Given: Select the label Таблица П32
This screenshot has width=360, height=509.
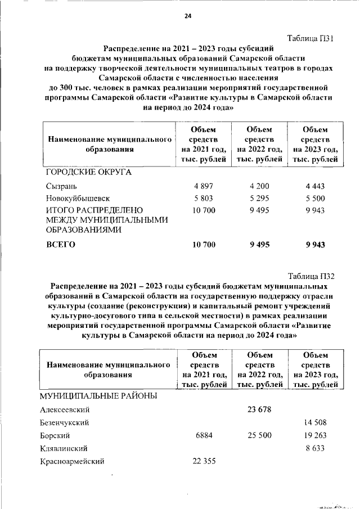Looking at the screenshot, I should click(311, 276).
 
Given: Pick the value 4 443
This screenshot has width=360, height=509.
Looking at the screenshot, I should click(315, 186).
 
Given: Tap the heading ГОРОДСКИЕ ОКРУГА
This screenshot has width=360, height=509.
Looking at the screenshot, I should click(88, 172).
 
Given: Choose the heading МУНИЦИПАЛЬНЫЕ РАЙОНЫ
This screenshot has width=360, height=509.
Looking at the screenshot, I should click(98, 396).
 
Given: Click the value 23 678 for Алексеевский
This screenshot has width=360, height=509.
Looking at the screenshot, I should click(259, 409).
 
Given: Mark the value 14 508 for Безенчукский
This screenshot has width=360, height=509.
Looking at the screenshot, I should click(315, 422).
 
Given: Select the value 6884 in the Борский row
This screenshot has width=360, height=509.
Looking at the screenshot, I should click(204, 436).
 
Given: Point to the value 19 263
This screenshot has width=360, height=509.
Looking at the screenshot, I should click(315, 436).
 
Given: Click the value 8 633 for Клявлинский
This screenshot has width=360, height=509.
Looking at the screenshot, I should click(315, 449).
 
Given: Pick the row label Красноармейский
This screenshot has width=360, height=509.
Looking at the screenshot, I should click(72, 462).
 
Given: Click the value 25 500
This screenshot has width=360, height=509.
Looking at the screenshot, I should click(259, 436).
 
